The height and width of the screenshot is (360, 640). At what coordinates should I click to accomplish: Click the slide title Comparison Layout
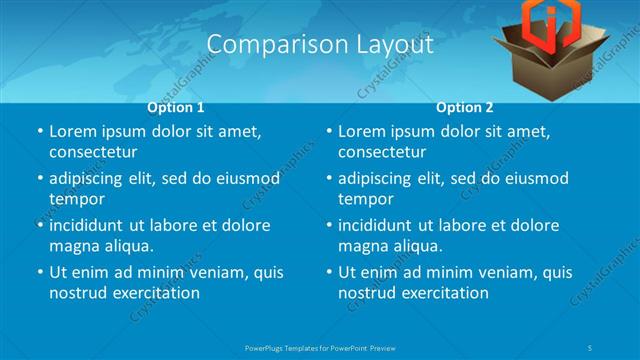click(x=319, y=44)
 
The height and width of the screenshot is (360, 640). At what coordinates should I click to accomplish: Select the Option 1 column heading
click(x=176, y=107)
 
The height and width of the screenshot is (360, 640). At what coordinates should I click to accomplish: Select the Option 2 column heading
click(x=464, y=107)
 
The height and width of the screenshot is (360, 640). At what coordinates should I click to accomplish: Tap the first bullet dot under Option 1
click(x=39, y=132)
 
